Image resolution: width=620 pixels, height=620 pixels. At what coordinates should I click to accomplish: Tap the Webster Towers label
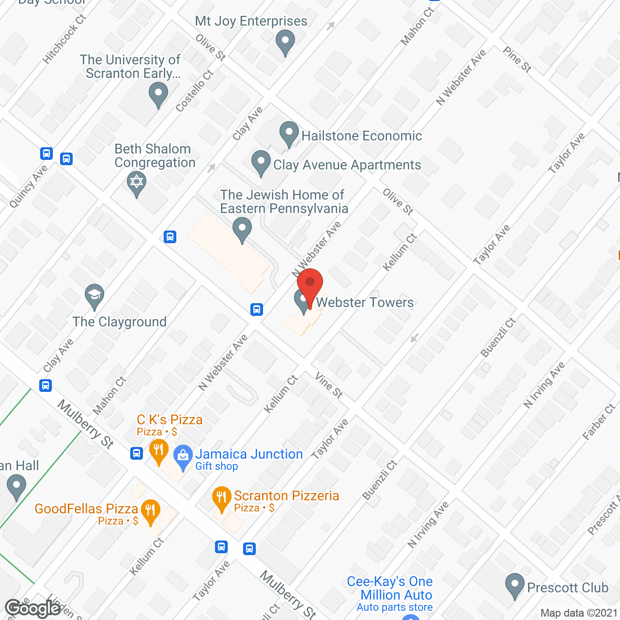[365, 302]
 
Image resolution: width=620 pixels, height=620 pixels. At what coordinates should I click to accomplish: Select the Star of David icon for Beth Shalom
[137, 183]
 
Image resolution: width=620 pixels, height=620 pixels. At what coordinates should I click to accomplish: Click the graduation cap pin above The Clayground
[94, 295]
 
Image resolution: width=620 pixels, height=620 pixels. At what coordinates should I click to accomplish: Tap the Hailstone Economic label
[361, 136]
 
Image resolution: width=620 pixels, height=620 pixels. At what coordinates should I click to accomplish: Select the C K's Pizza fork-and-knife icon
[158, 450]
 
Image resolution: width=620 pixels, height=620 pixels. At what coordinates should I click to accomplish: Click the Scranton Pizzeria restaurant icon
[221, 497]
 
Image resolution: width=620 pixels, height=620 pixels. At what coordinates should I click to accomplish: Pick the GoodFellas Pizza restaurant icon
[151, 511]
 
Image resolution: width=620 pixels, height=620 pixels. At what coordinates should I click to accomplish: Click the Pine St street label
[517, 60]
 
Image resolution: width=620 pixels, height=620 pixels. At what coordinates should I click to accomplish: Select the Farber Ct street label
[599, 422]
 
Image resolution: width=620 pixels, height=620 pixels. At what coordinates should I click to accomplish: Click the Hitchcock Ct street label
[64, 39]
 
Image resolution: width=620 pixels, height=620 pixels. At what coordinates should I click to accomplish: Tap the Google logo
[33, 608]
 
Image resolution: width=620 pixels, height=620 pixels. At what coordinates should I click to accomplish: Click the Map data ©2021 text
[579, 613]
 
